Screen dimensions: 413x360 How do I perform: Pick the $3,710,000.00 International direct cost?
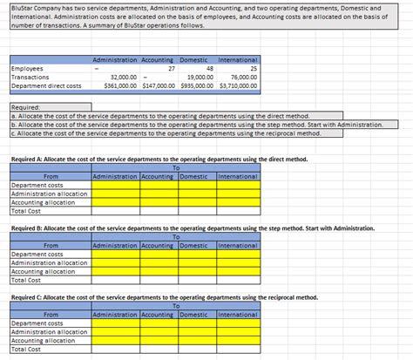(x=237, y=86)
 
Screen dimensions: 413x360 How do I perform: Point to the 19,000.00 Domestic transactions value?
(x=200, y=77)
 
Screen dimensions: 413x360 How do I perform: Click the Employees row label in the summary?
(x=27, y=67)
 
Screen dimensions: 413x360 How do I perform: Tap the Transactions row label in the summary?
(x=30, y=77)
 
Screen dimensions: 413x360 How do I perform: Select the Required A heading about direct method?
(x=158, y=160)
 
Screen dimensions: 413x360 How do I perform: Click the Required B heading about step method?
(x=192, y=228)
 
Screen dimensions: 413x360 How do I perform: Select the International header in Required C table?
(x=237, y=314)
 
